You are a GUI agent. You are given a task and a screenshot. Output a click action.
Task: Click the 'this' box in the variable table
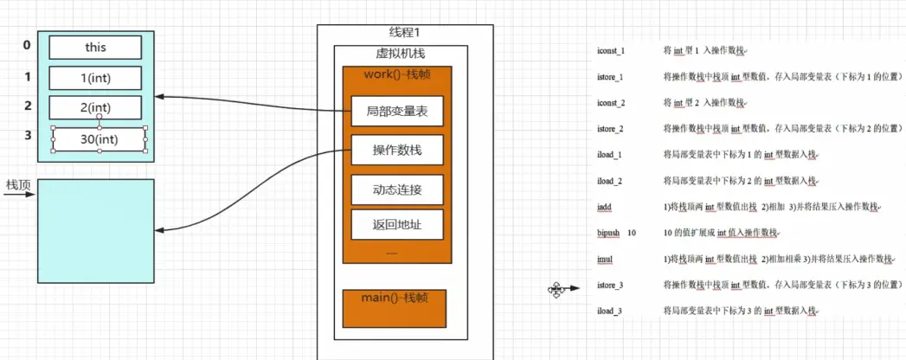[95, 47]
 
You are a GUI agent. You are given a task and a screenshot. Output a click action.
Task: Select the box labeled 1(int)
[95, 78]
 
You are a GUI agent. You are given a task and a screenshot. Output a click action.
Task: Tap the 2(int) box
[95, 108]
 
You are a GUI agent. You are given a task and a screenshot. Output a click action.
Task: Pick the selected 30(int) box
[100, 138]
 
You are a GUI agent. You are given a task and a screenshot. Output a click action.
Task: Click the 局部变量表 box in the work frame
[397, 111]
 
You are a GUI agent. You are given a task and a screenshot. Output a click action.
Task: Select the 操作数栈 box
[397, 151]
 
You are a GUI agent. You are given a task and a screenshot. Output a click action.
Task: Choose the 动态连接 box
[397, 189]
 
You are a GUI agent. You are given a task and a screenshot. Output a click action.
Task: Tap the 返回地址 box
[397, 225]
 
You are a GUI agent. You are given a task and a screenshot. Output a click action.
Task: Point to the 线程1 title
[403, 33]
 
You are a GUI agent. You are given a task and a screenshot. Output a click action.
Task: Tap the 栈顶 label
[18, 184]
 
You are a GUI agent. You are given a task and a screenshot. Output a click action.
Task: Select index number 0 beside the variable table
[27, 45]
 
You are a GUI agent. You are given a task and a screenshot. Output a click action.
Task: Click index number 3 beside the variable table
[27, 136]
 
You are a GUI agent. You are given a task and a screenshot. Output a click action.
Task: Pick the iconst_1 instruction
[611, 52]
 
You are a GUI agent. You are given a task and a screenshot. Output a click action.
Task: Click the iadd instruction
[605, 207]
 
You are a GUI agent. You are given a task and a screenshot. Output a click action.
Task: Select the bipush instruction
[610, 233]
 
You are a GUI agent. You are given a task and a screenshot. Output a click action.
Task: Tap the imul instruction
[605, 259]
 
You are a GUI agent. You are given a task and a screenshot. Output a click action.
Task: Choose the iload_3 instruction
[611, 311]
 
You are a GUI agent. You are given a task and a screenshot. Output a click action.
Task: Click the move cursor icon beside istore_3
[556, 289]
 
